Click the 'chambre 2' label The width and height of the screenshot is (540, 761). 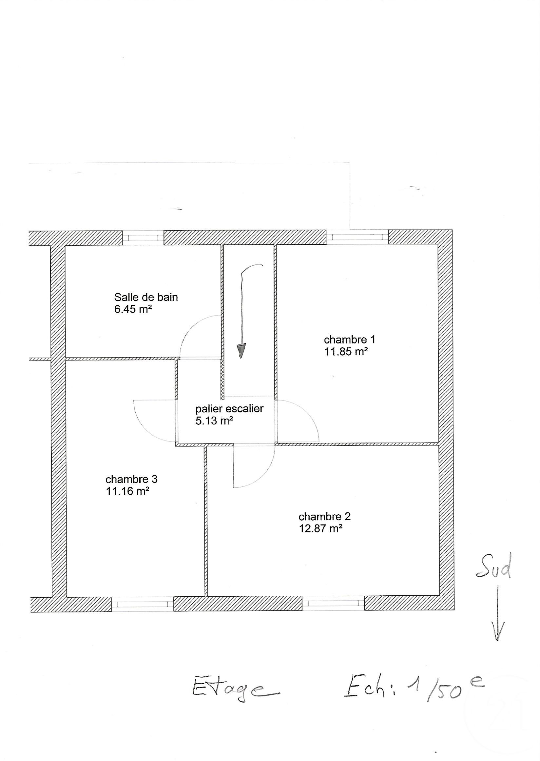[x=324, y=517]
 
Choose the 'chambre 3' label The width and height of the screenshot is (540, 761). [x=131, y=479]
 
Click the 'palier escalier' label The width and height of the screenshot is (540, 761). [x=229, y=408]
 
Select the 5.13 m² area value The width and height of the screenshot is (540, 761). [x=214, y=421]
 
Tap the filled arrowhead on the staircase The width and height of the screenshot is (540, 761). [x=241, y=351]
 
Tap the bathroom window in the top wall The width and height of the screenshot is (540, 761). [x=143, y=238]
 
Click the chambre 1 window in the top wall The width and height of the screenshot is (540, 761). [x=357, y=237]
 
